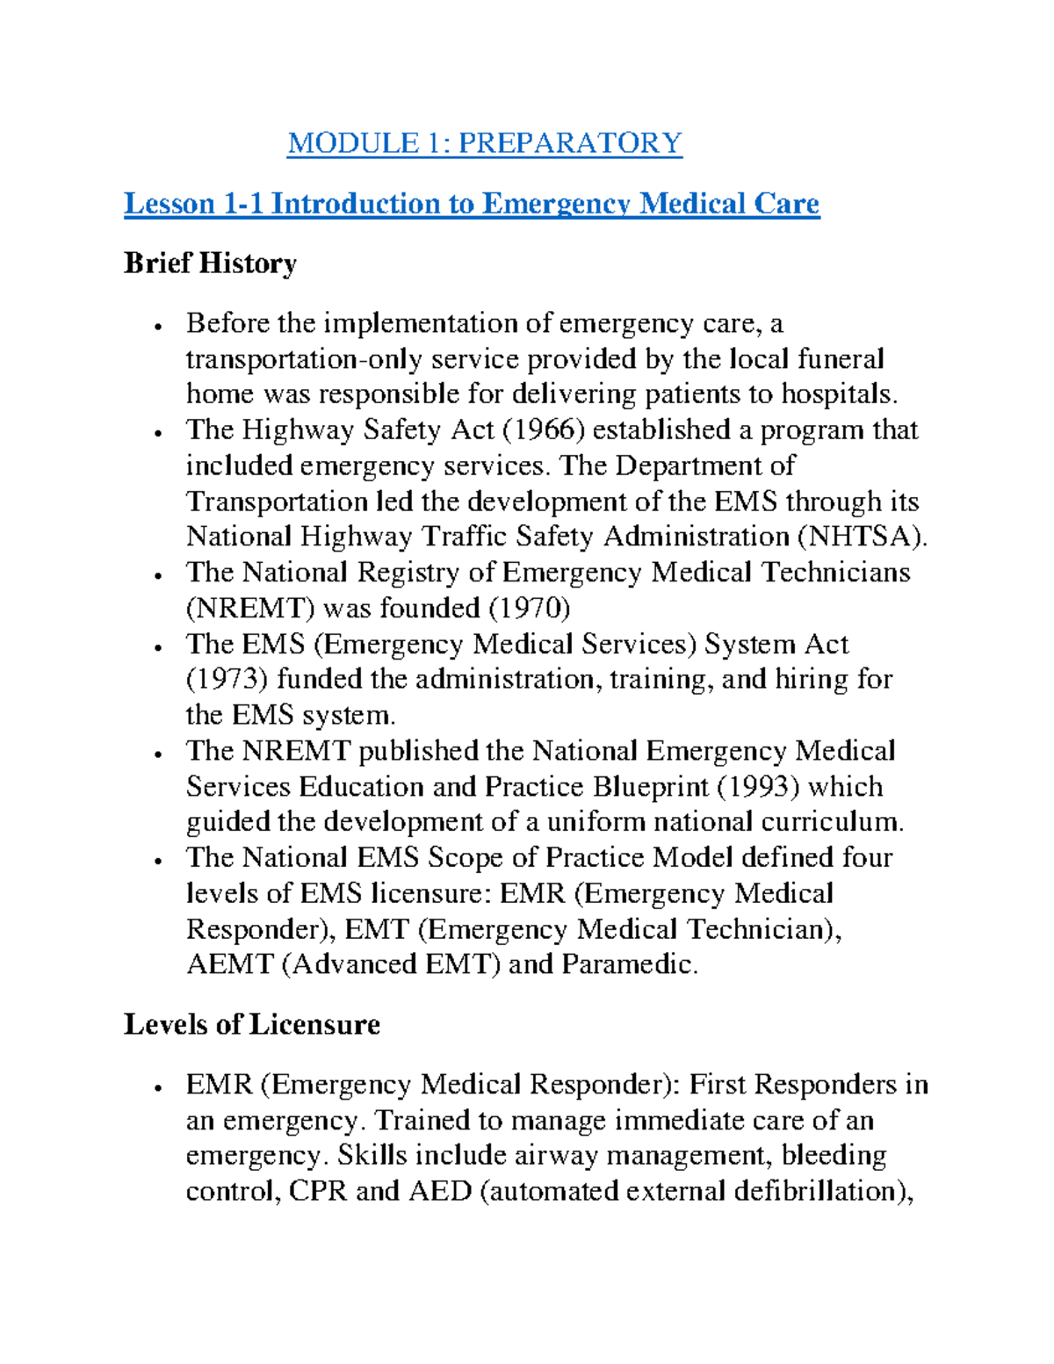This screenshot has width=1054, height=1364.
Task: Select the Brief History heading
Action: point(210,263)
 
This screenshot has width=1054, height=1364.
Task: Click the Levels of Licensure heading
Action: point(251,1024)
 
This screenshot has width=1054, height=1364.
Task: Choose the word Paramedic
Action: point(629,964)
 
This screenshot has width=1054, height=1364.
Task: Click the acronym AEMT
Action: point(230,964)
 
